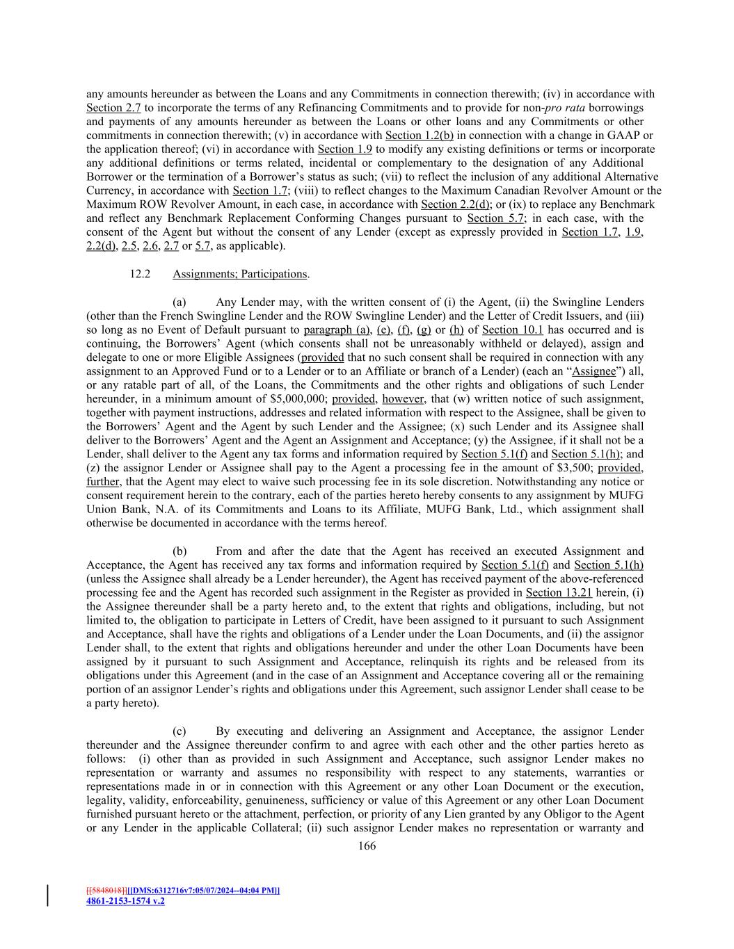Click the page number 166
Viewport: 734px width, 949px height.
pyautogui.click(x=367, y=846)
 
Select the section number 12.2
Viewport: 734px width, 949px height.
pyautogui.click(x=140, y=274)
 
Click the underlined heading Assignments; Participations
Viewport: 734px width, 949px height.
pyautogui.click(x=239, y=274)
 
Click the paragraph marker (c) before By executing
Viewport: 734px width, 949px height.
pyautogui.click(x=179, y=731)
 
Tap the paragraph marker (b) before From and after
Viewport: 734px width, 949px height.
pyautogui.click(x=179, y=551)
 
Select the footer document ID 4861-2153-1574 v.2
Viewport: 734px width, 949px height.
pyautogui.click(x=125, y=901)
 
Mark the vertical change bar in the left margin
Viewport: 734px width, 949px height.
pyautogui.click(x=47, y=895)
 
